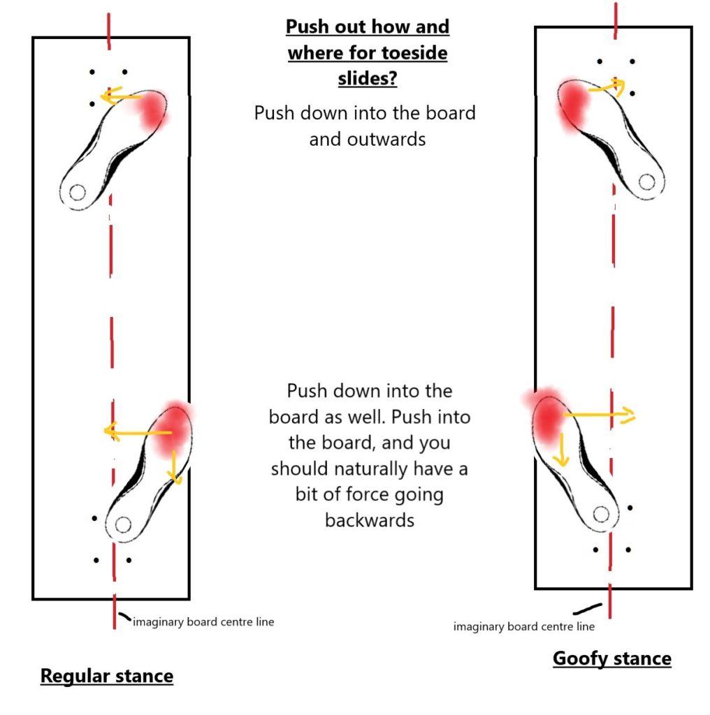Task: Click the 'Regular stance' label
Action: coord(106,675)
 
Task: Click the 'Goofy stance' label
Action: coord(611,658)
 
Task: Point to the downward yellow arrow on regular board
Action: coord(175,464)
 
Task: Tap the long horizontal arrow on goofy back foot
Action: coord(598,415)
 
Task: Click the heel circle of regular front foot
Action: coord(77,191)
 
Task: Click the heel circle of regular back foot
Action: coord(124,524)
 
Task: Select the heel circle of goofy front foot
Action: coord(646,182)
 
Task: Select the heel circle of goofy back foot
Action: coord(600,514)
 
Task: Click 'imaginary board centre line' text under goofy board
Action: coord(523,626)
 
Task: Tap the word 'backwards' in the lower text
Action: coord(369,519)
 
